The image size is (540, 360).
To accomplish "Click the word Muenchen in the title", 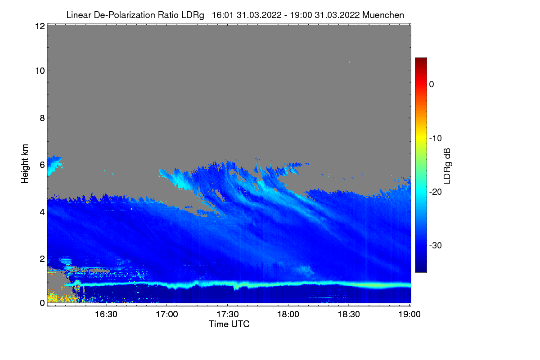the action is point(383,15).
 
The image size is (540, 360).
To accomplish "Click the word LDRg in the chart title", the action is point(193,15).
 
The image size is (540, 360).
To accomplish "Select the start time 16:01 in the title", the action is point(222,15).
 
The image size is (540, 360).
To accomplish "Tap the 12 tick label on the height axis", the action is point(40,26).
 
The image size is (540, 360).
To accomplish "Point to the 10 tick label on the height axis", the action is point(40,71).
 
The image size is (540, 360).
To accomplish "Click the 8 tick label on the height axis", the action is point(42,118).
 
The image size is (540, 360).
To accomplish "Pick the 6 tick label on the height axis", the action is point(42,165).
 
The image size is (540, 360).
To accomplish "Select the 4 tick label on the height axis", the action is point(42,212).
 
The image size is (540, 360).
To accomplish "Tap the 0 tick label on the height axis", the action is point(42,303).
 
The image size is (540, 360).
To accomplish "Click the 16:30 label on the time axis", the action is point(106,314).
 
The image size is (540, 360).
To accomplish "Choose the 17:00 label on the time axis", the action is point(167,314).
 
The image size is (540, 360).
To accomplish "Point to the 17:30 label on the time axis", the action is point(228,314).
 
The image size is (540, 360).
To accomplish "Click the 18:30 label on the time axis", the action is point(349,314).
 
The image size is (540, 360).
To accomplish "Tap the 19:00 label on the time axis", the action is point(409,314).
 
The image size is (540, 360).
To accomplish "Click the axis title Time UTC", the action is point(229,324).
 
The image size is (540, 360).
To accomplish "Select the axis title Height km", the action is point(25,164).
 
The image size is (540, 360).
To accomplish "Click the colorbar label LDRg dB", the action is point(447,166).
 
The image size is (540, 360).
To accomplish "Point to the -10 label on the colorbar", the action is point(436,139).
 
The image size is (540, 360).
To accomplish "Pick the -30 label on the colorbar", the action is point(436,245).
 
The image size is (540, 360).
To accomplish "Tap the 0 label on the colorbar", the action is point(432,85).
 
